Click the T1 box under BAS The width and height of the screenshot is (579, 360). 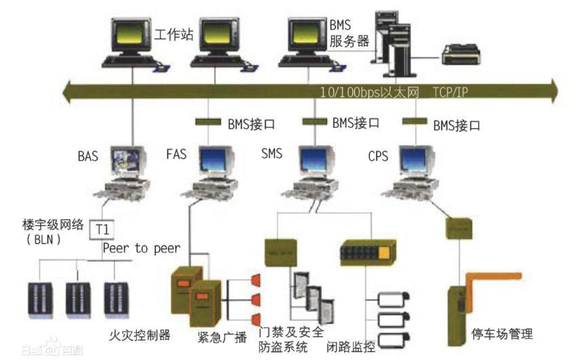tap(102, 228)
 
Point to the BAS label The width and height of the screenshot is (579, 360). tap(88, 157)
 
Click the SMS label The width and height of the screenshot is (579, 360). tap(271, 154)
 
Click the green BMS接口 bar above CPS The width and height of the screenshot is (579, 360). tap(415, 122)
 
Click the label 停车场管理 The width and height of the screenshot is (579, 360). tap(502, 333)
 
